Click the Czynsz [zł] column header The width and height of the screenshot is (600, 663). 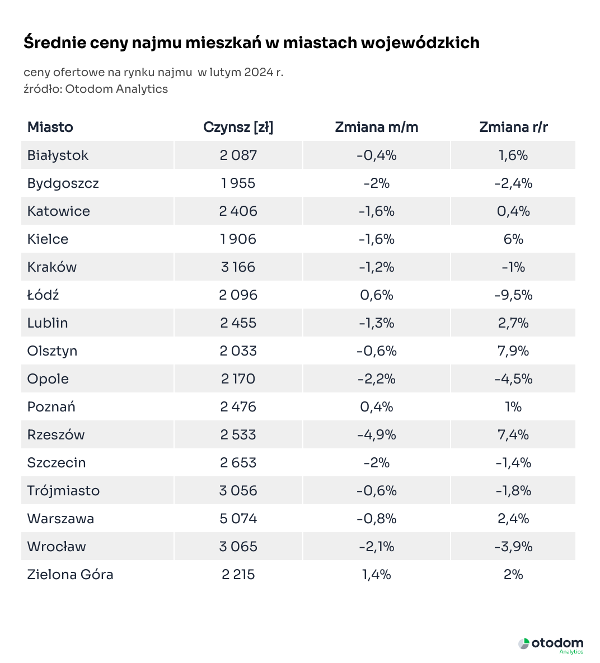(238, 127)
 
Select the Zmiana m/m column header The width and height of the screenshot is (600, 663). (376, 127)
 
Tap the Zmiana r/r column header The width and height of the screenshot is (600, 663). (513, 127)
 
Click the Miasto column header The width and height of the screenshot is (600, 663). (50, 127)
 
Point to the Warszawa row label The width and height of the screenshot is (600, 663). (60, 518)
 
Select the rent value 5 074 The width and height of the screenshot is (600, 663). (238, 518)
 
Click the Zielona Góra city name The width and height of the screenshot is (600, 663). (70, 574)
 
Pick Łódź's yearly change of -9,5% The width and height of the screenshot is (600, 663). (513, 295)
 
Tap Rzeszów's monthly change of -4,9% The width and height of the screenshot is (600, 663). (376, 434)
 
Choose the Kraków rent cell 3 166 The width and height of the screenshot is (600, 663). (238, 267)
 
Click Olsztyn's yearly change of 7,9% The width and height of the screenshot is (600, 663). (513, 351)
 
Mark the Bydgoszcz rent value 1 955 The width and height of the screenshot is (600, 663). (238, 183)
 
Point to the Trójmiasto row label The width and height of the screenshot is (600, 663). (63, 490)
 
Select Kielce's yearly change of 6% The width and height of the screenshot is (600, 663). (513, 239)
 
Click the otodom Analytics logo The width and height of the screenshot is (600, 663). (551, 645)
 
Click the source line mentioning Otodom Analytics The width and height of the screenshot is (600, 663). (96, 89)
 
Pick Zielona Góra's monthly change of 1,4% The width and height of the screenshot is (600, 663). (376, 574)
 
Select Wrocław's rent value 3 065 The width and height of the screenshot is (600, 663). (238, 546)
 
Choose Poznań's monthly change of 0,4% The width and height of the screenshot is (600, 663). (376, 406)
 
